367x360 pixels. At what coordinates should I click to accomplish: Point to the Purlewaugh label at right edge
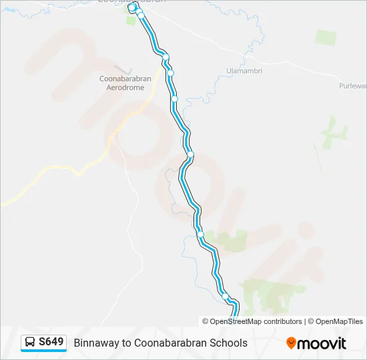click(x=353, y=86)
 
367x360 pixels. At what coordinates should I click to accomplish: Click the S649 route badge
click(x=44, y=342)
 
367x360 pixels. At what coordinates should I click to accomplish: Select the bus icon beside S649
click(x=31, y=342)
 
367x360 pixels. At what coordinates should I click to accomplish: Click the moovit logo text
click(x=322, y=343)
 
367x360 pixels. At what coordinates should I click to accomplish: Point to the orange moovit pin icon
click(x=291, y=343)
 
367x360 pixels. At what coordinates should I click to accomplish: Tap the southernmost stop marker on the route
click(x=226, y=297)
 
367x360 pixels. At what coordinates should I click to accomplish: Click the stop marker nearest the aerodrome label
click(x=171, y=73)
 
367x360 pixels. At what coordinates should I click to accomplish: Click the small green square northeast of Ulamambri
click(x=326, y=37)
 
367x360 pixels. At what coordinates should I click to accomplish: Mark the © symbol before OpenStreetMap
click(x=206, y=321)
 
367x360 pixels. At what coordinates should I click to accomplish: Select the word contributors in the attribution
click(x=283, y=321)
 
